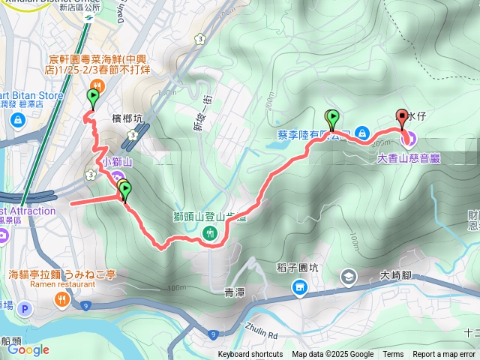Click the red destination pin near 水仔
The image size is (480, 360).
(x=401, y=117)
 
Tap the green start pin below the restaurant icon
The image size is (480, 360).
(x=93, y=97)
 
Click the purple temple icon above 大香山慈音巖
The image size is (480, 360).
(x=411, y=139)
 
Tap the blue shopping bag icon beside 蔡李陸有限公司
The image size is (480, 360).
(x=361, y=133)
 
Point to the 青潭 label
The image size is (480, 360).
(x=235, y=291)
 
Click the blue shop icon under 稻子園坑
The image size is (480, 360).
(x=298, y=287)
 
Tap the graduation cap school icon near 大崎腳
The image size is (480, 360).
(x=349, y=277)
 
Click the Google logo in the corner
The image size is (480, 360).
(x=28, y=349)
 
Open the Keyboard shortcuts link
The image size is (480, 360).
(x=250, y=355)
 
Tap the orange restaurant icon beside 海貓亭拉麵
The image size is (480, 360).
(x=61, y=299)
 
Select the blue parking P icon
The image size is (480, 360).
(x=25, y=308)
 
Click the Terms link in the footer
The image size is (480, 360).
(x=393, y=355)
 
